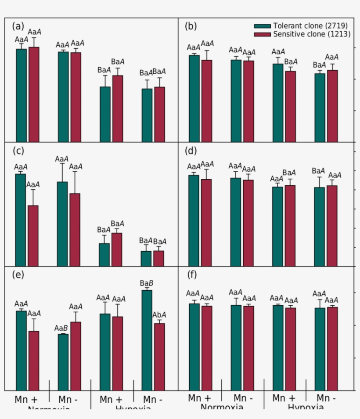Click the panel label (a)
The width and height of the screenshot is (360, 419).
(x=18, y=26)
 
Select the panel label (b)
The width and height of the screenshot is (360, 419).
(x=191, y=26)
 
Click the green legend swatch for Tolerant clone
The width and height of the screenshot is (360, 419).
(x=262, y=26)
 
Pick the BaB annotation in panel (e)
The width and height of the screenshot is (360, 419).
(x=146, y=283)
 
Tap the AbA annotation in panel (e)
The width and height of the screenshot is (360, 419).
(x=159, y=315)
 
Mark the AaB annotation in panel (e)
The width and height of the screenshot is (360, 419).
(x=61, y=328)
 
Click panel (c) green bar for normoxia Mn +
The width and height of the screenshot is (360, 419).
(x=21, y=220)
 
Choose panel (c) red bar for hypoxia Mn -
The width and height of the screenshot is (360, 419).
(x=158, y=258)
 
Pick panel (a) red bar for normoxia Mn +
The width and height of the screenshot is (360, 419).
(x=34, y=94)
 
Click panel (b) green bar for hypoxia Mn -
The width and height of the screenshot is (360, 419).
(x=320, y=107)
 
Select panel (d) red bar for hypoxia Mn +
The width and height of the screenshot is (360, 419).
(x=290, y=225)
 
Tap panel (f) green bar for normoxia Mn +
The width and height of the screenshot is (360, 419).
(x=194, y=347)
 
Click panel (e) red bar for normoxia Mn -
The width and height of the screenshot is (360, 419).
(x=76, y=356)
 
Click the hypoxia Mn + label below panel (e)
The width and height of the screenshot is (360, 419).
(x=111, y=400)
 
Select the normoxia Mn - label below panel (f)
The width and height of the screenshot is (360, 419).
(x=242, y=398)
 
